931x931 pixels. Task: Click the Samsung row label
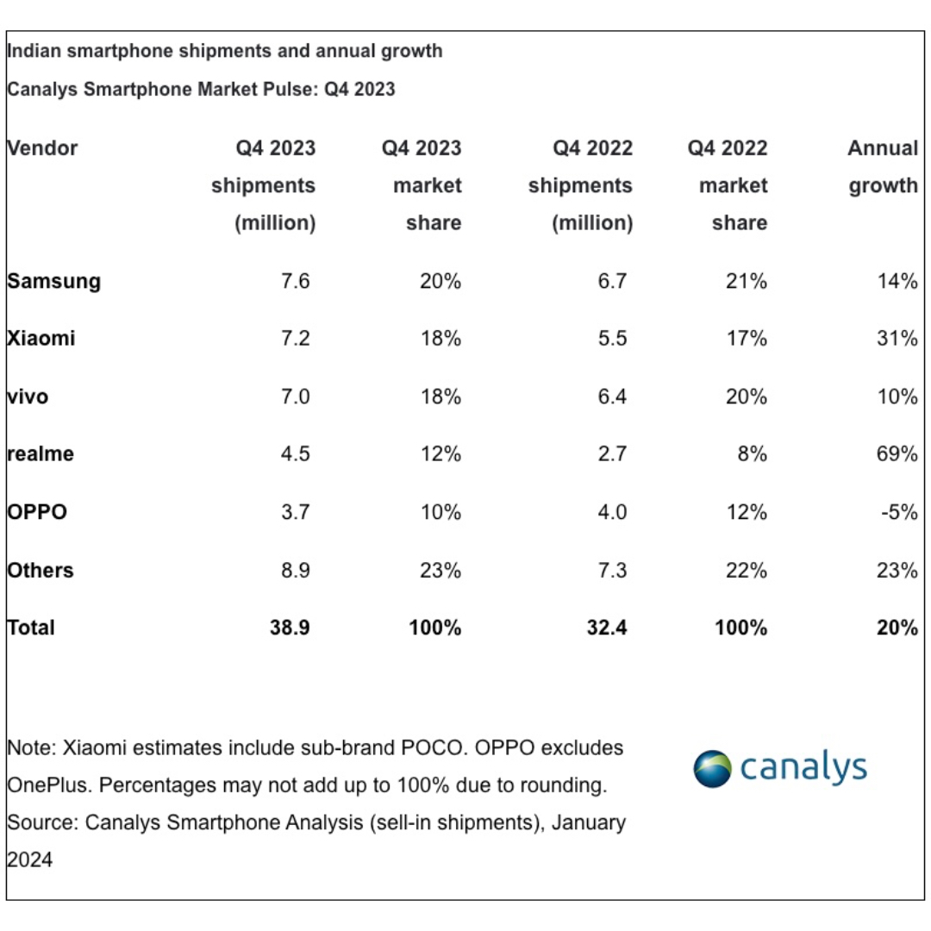[x=53, y=281]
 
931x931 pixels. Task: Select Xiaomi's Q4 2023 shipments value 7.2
[x=296, y=339]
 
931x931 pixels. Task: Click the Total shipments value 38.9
[x=291, y=628]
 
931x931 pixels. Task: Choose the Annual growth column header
[x=883, y=167]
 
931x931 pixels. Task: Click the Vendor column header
[x=42, y=148]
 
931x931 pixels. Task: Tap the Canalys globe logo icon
[x=712, y=768]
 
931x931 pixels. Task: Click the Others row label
[x=41, y=570]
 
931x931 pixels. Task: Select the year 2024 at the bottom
[x=30, y=859]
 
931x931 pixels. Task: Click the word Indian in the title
[x=34, y=51]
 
